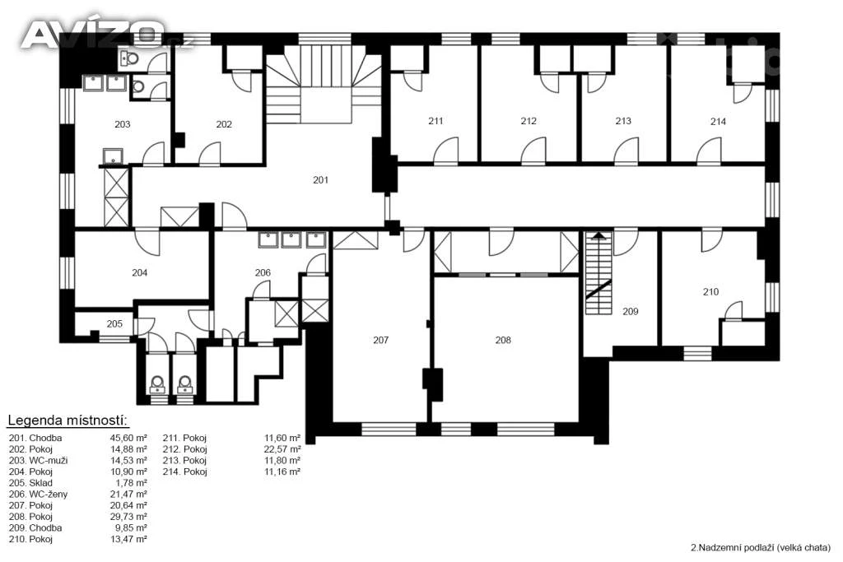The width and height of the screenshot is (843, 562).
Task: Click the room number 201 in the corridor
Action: click(x=320, y=180)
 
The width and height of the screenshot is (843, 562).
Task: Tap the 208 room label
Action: click(x=503, y=340)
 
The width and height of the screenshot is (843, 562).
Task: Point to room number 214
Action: click(x=718, y=122)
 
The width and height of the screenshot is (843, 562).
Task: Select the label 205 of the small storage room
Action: click(x=114, y=324)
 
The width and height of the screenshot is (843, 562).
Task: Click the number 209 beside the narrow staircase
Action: click(x=630, y=311)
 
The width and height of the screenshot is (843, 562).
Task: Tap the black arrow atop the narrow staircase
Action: click(x=598, y=235)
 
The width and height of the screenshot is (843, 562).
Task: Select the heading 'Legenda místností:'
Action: click(x=68, y=420)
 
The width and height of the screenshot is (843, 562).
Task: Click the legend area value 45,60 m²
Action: click(x=128, y=438)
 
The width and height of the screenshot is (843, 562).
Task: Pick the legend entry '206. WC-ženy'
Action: click(x=38, y=495)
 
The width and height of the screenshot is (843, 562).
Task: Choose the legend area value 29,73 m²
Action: click(x=128, y=517)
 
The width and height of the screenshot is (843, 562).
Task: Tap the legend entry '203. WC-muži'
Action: click(x=38, y=461)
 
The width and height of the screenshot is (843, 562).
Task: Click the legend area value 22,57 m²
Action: click(x=282, y=449)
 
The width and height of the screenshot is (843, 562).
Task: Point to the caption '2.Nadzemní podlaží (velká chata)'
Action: click(x=760, y=548)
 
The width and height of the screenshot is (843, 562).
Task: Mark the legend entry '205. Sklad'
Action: click(x=30, y=483)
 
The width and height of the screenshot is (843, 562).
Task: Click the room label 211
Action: click(x=435, y=121)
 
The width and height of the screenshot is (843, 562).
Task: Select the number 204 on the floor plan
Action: click(x=140, y=273)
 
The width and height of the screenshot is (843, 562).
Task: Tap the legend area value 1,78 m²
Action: click(x=131, y=483)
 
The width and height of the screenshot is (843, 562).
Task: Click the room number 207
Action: click(x=380, y=340)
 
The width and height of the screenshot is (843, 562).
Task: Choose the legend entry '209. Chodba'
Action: click(x=35, y=528)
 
